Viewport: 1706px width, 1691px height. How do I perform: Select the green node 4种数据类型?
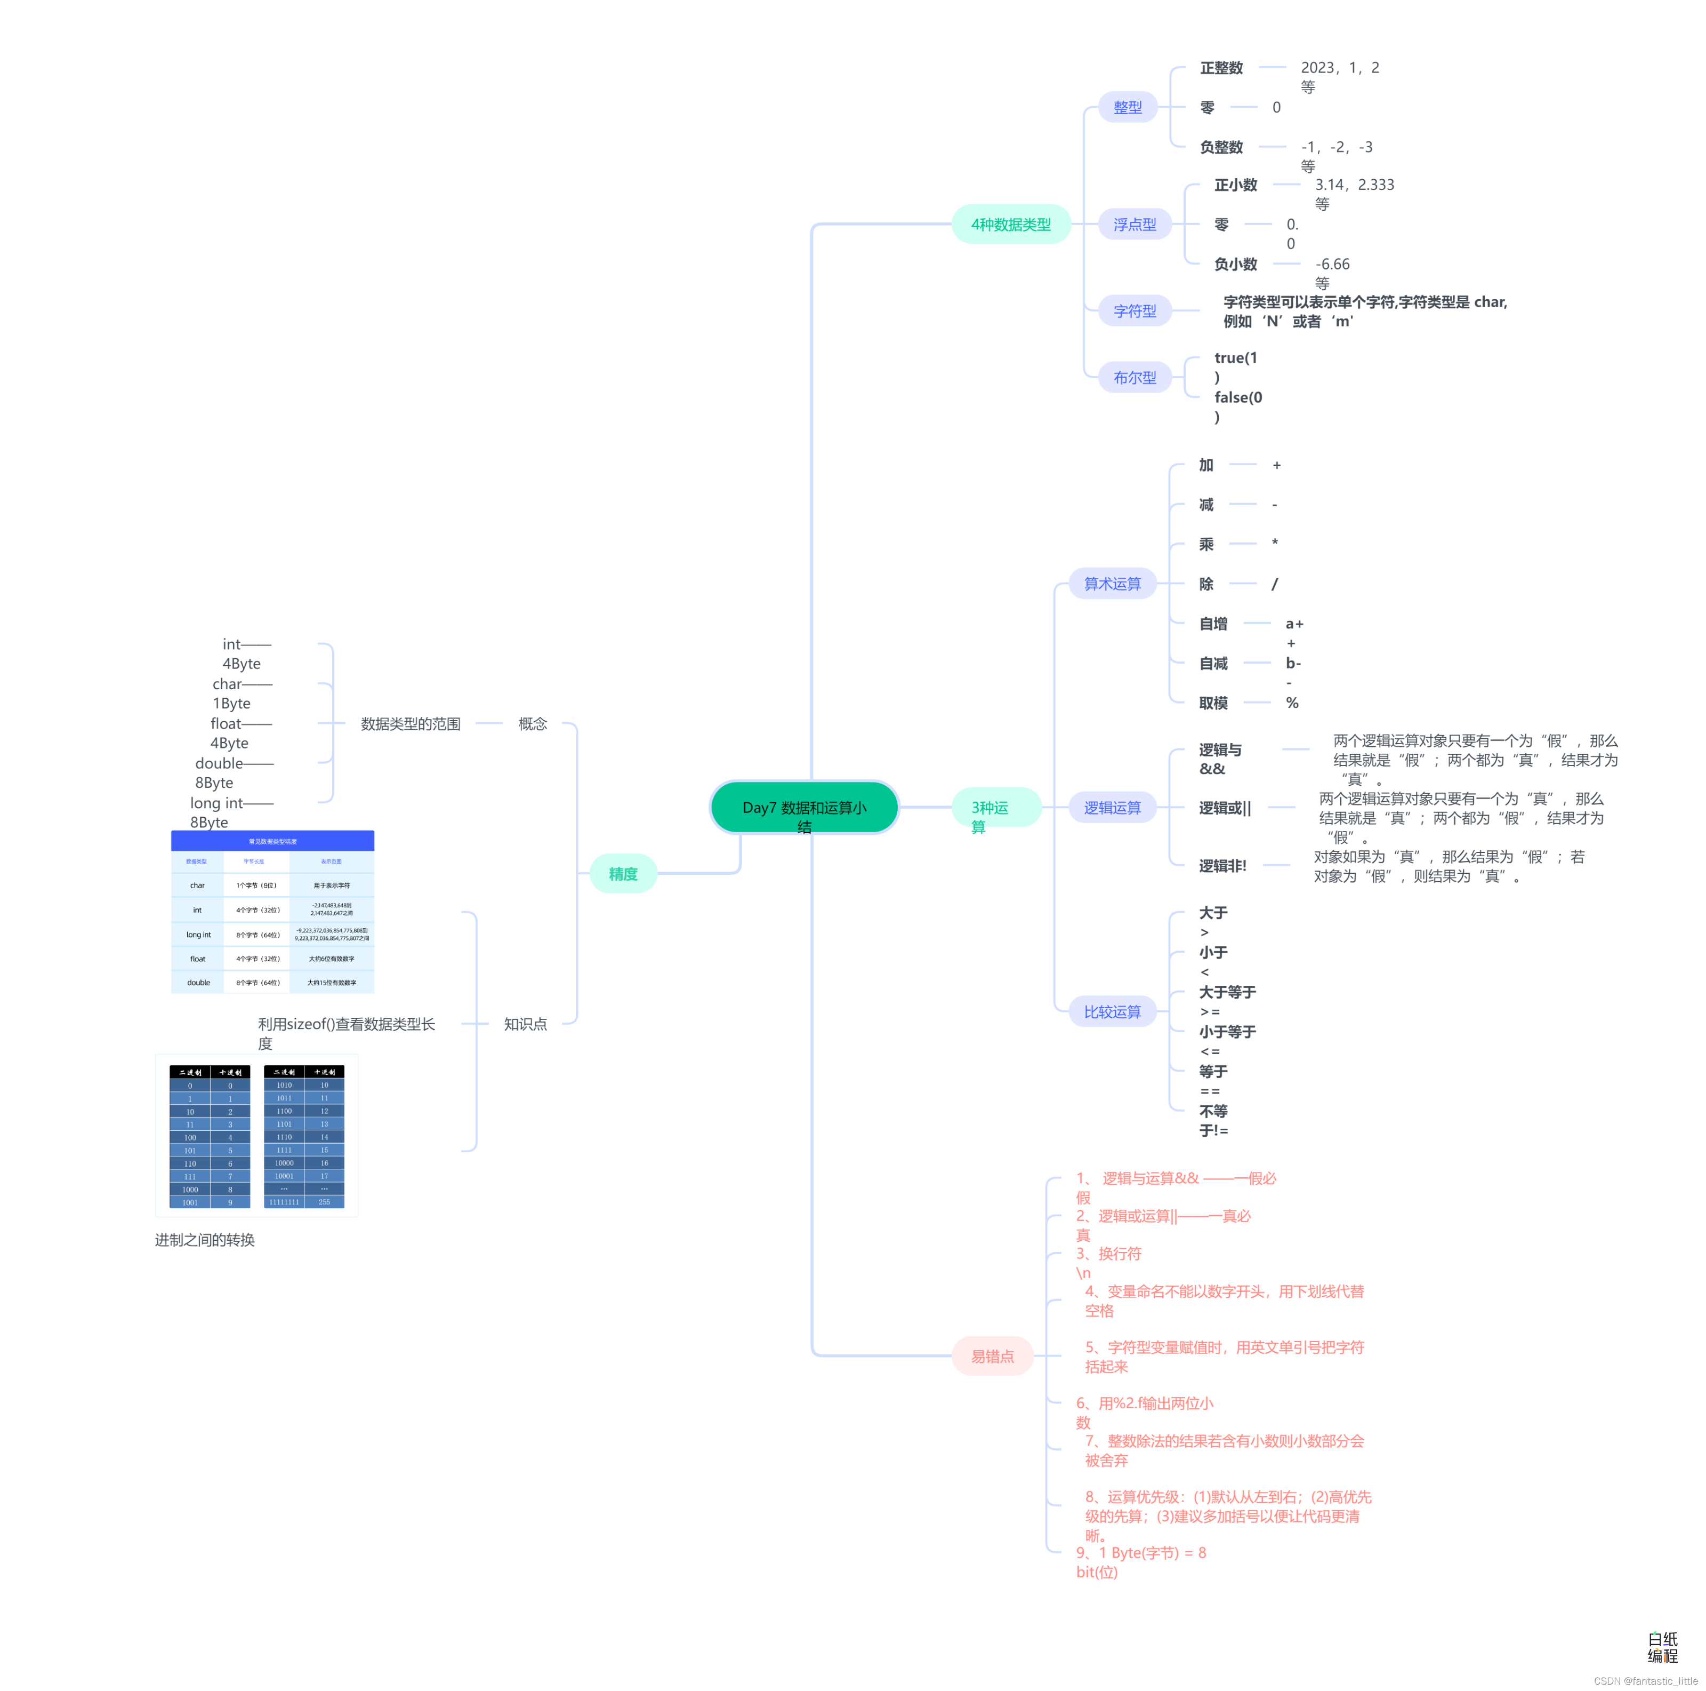1010,225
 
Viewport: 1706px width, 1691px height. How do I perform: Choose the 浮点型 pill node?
1134,225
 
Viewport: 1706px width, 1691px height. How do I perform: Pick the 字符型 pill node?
1134,311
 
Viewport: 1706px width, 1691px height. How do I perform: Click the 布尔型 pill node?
1134,377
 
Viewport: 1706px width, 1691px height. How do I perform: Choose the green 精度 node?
623,874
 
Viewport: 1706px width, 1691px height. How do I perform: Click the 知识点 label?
526,1024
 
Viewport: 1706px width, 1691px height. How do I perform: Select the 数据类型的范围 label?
411,723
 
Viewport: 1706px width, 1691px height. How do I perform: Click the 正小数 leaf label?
1235,185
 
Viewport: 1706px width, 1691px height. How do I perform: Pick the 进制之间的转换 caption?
205,1240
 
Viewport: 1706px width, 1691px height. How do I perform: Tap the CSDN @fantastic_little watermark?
1645,1680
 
